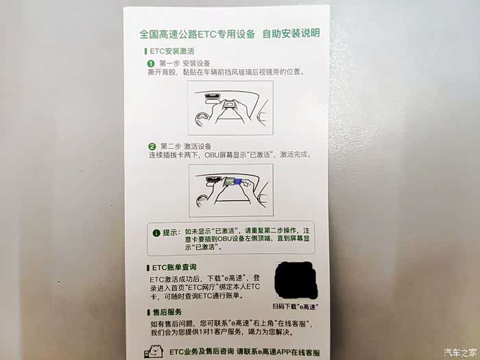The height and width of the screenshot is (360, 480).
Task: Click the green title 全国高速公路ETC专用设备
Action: click(x=197, y=34)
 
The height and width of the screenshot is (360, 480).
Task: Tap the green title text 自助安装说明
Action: click(x=291, y=34)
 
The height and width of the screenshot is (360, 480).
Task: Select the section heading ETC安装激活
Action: click(x=171, y=51)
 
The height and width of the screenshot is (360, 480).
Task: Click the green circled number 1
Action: click(x=151, y=64)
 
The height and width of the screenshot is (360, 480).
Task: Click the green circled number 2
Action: click(x=152, y=147)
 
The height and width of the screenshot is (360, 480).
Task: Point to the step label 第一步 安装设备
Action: click(x=184, y=63)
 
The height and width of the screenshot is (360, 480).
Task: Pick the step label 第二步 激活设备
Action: click(x=186, y=146)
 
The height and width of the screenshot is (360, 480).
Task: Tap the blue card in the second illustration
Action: click(x=238, y=182)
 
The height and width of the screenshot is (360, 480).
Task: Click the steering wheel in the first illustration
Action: click(x=202, y=119)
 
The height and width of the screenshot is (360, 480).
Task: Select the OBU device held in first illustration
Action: click(x=229, y=105)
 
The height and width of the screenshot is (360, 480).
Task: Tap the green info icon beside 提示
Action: click(x=156, y=233)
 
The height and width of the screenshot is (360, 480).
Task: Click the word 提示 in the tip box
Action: click(x=170, y=232)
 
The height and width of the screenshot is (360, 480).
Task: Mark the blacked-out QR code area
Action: click(x=296, y=280)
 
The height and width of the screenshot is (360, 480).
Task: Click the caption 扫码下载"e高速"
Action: click(x=294, y=307)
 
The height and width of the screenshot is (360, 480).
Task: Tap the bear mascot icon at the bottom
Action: click(x=154, y=352)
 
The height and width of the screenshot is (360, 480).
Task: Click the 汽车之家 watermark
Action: click(x=460, y=352)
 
